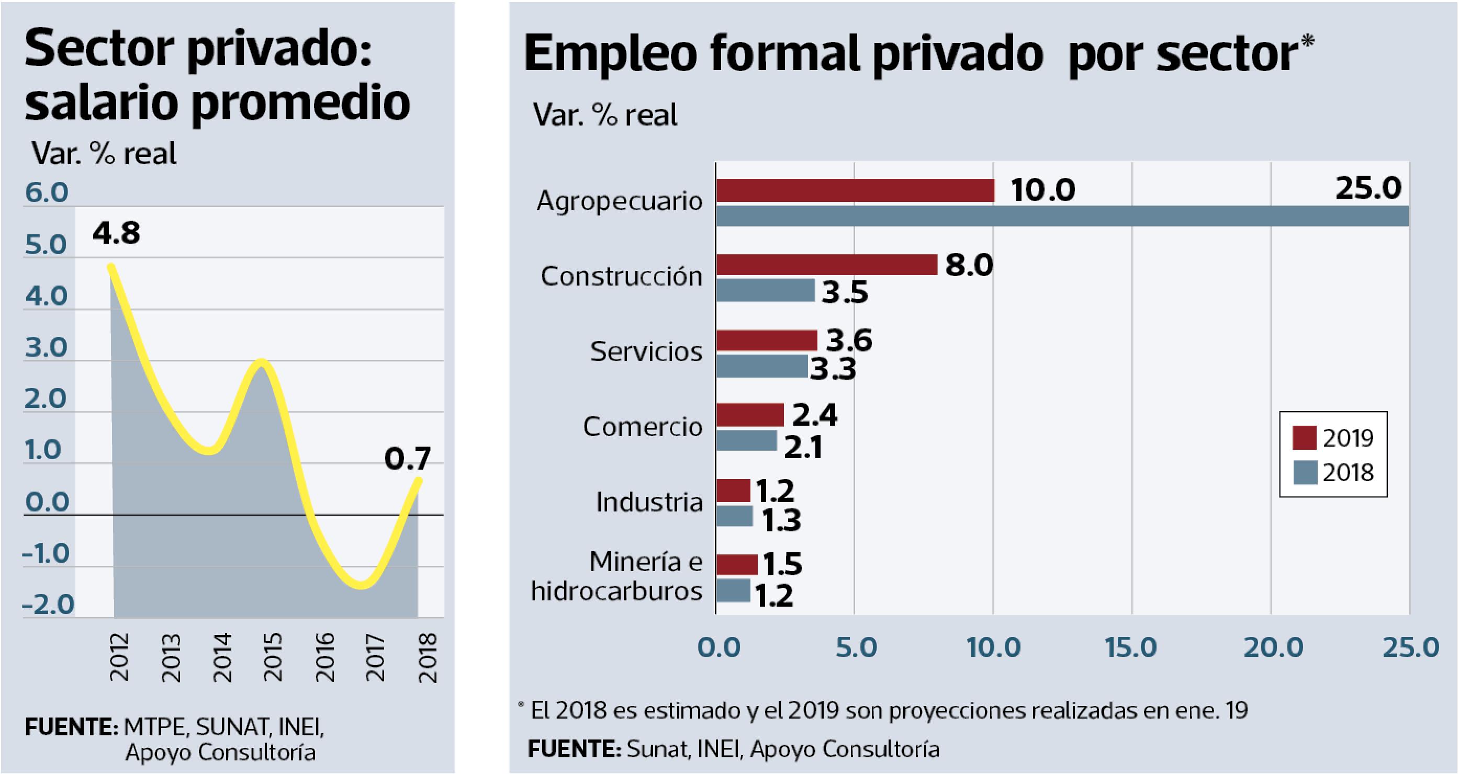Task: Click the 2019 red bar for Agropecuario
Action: tap(855, 190)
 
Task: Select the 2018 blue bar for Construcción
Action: tap(765, 290)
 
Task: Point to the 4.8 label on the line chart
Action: tap(116, 233)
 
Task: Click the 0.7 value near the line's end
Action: tap(407, 458)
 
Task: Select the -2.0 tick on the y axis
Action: tap(48, 604)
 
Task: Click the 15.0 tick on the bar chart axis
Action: tap(1131, 647)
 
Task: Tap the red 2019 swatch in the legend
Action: tap(1304, 438)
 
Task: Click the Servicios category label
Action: tap(646, 351)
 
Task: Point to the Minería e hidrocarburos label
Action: tap(617, 576)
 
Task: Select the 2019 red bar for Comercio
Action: tap(749, 415)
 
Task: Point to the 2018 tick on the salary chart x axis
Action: tap(428, 657)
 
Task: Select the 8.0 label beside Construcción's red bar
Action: tap(969, 265)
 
